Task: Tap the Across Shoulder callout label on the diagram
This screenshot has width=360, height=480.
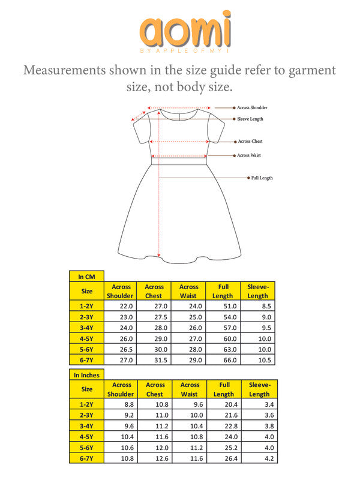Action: [x=252, y=107]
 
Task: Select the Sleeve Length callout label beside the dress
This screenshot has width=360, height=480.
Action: [x=250, y=119]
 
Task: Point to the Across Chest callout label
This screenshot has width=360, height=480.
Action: [x=250, y=142]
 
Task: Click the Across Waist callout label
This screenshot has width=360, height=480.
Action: [x=249, y=155]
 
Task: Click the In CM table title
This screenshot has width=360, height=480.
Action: [x=87, y=277]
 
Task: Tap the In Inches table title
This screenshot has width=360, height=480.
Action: [x=87, y=375]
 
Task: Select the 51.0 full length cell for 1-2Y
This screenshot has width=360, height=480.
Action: [x=223, y=306]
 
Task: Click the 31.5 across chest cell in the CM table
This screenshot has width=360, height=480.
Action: [x=154, y=360]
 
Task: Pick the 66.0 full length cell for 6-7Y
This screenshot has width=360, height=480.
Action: [x=223, y=360]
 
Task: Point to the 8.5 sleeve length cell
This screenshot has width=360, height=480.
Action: [x=257, y=306]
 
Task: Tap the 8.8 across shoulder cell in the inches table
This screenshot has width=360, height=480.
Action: [x=121, y=404]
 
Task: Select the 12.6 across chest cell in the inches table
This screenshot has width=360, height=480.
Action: [x=155, y=458]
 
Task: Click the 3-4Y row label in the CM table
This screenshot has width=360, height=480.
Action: [x=87, y=328]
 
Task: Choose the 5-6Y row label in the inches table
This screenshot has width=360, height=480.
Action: [x=87, y=448]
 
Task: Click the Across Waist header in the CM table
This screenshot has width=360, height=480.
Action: [x=188, y=292]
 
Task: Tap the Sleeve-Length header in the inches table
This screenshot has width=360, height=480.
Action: [x=259, y=389]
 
